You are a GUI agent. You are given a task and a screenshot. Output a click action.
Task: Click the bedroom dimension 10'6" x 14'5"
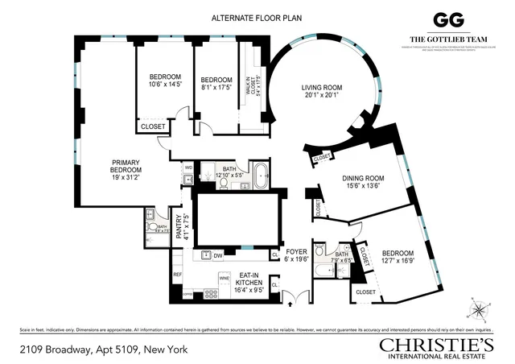[164, 84]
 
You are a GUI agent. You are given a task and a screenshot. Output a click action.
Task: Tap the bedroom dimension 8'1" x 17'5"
[216, 84]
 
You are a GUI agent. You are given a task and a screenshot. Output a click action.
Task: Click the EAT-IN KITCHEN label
[245, 283]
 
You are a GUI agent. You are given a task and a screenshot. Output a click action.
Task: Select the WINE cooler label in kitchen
[225, 278]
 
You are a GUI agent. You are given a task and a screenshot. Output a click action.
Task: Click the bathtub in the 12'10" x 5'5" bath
[262, 175]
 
